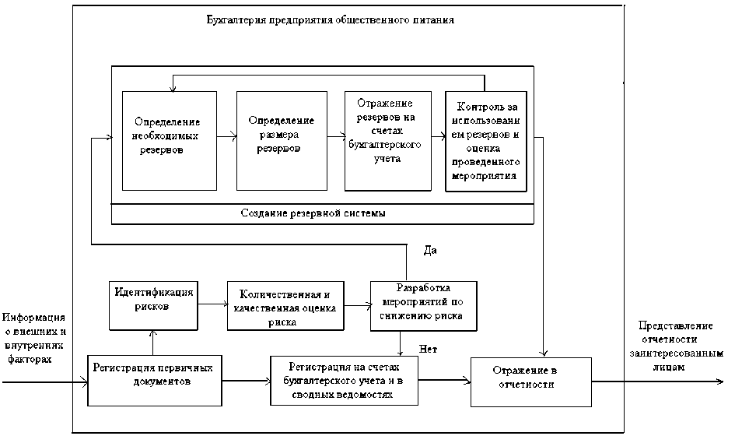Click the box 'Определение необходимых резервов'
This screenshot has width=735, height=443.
click(x=169, y=140)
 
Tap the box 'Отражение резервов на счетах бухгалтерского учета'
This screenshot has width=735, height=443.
click(x=387, y=139)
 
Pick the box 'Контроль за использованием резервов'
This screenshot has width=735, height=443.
click(x=486, y=140)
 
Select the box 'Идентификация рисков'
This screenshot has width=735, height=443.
click(x=152, y=299)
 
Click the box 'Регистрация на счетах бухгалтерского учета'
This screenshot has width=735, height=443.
click(x=343, y=380)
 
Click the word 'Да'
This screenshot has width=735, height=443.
click(x=429, y=251)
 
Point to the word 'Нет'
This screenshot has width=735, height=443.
click(x=427, y=348)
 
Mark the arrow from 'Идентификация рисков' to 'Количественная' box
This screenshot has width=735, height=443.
click(x=212, y=304)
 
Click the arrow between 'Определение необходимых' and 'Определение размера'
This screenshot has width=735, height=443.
click(x=226, y=137)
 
